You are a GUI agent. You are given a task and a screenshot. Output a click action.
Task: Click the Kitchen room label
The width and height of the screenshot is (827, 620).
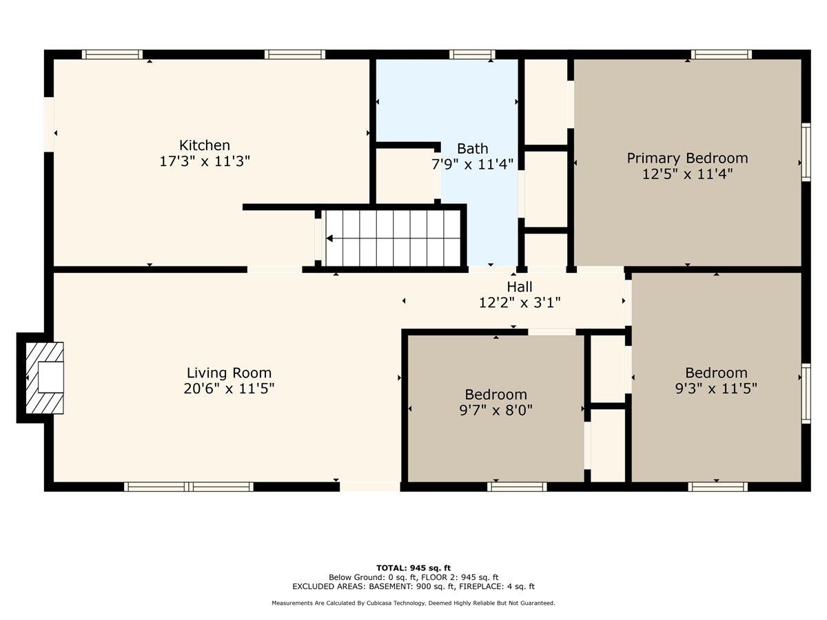click(x=205, y=145)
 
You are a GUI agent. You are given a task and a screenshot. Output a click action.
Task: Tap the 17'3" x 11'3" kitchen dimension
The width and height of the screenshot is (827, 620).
click(x=205, y=161)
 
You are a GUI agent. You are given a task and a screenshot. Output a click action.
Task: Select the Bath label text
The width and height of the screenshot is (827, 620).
click(x=473, y=148)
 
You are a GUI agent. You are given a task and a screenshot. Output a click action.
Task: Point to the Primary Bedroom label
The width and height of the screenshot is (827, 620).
click(x=687, y=158)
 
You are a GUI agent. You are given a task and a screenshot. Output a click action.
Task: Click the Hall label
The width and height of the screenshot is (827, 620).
click(x=520, y=287)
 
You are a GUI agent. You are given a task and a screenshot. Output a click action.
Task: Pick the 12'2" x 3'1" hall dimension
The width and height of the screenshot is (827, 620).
click(x=520, y=302)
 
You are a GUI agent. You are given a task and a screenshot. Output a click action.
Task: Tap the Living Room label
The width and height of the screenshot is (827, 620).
click(x=229, y=373)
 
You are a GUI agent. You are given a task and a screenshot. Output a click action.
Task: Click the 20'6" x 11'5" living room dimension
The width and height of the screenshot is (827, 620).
click(x=229, y=389)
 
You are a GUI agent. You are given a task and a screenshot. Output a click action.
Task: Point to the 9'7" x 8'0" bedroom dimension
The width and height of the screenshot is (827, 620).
click(x=496, y=410)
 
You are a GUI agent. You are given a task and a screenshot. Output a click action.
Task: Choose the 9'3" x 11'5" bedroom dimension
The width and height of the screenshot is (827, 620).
click(x=716, y=389)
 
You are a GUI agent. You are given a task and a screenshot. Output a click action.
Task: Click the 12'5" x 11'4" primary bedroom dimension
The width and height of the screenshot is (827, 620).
click(x=687, y=174)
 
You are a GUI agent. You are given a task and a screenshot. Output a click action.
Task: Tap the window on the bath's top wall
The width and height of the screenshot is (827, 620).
click(x=472, y=54)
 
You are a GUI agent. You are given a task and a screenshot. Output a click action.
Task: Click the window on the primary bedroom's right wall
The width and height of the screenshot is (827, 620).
click(x=806, y=152)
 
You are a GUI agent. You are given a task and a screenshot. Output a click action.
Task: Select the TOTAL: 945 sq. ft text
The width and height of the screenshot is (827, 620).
click(x=413, y=568)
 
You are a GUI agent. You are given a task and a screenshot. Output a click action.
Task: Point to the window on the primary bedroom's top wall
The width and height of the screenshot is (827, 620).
click(x=721, y=54)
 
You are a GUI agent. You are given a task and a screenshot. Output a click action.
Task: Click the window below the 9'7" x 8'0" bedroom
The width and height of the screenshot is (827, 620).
click(x=517, y=487)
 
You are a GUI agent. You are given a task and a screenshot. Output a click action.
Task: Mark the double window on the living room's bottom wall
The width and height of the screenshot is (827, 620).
click(x=189, y=487)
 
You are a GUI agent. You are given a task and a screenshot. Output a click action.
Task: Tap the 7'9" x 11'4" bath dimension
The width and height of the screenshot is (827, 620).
click(x=473, y=164)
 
